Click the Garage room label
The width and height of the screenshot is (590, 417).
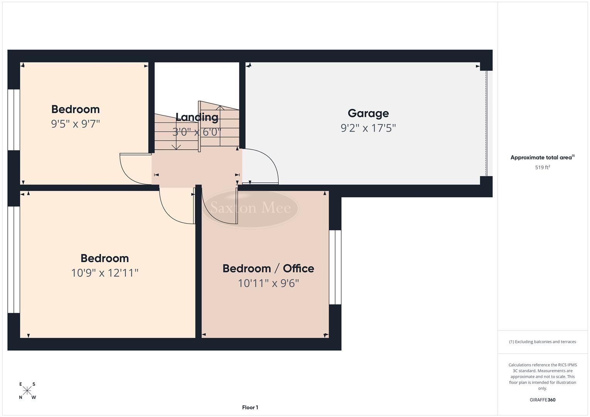(368, 113)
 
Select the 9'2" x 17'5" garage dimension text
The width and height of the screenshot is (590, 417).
(368, 128)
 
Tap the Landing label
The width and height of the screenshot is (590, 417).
(197, 117)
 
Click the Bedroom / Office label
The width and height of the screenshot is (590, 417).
(268, 268)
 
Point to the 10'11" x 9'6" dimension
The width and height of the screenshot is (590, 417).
(268, 283)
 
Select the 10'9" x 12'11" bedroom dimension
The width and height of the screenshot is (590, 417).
(105, 273)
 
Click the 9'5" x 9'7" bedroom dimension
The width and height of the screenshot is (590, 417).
(76, 124)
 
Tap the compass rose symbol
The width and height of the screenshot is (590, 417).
(27, 390)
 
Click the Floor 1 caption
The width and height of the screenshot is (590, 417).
(250, 407)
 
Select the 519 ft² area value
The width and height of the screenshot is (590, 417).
(542, 167)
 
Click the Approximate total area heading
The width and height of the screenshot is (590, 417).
(542, 157)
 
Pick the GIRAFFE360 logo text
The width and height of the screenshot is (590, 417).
(542, 400)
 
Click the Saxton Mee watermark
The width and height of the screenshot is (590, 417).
(250, 208)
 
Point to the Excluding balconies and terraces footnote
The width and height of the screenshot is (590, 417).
(542, 342)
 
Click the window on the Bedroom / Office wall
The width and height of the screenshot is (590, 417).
(335, 267)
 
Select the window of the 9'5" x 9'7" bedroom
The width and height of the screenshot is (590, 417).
(14, 120)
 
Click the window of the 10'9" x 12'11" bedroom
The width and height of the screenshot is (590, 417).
(14, 259)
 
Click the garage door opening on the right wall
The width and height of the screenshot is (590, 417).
(487, 123)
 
